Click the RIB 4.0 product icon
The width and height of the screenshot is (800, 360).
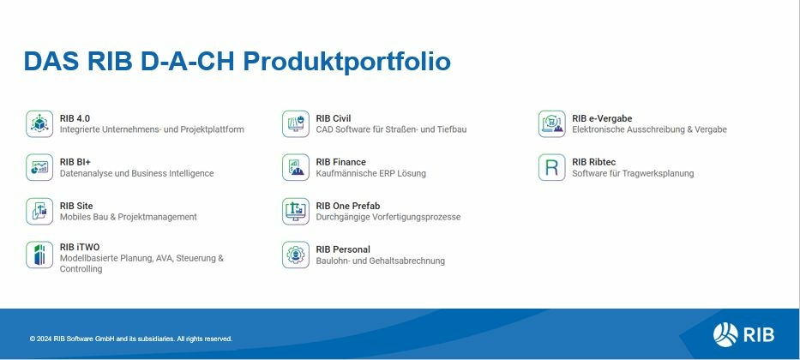coord(39,124)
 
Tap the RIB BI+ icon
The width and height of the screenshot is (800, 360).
coord(39,167)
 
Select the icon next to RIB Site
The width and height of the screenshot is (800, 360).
coord(39,211)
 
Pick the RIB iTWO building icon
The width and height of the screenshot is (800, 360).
coord(39,255)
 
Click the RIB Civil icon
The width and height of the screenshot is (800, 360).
coord(296,124)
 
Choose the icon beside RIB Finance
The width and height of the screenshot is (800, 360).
coord(296,167)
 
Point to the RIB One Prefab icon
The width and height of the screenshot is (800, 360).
coord(296,211)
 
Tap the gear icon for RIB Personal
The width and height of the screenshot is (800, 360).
coord(296,255)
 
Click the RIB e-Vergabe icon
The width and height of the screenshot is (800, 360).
coord(551,124)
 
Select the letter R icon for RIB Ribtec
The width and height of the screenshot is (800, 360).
coord(551,167)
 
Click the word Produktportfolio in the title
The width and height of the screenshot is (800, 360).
coord(346,62)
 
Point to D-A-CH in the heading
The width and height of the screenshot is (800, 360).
coord(187,61)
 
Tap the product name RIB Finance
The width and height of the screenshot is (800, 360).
coord(340,162)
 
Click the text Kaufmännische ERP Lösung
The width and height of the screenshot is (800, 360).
coord(371,173)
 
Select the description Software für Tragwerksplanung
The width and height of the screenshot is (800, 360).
coord(633,173)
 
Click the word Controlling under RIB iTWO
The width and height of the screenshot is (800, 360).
coord(81,269)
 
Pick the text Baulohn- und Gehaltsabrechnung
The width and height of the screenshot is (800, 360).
coord(380,261)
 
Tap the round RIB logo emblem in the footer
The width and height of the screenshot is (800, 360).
coord(725,335)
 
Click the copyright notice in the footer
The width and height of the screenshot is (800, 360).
coord(131,339)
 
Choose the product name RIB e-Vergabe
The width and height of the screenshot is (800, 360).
coord(602,118)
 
